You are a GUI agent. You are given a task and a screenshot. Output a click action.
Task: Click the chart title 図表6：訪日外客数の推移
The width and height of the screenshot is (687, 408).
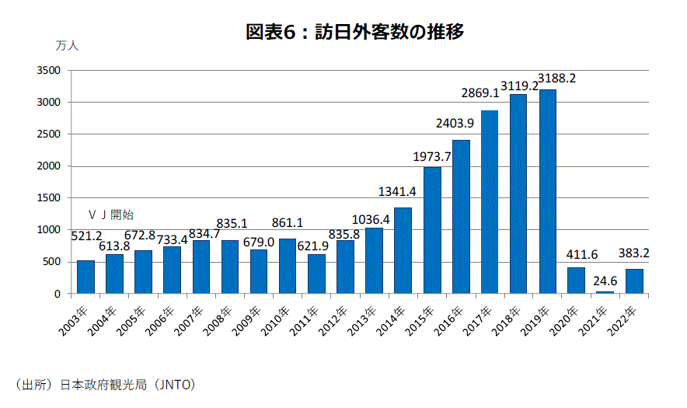click(x=354, y=32)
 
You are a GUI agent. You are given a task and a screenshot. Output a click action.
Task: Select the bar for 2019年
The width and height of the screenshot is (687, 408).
click(x=548, y=192)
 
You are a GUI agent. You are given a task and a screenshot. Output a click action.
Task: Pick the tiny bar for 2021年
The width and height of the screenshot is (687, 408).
click(x=605, y=292)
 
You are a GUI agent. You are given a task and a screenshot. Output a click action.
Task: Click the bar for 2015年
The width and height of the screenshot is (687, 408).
click(x=433, y=230)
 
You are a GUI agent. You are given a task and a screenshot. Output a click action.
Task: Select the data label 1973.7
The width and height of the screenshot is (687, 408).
click(x=432, y=157)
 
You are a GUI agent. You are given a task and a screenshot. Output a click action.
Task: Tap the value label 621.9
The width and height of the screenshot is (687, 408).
click(x=316, y=244)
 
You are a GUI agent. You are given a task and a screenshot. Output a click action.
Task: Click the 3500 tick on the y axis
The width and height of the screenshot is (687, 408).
click(x=50, y=71)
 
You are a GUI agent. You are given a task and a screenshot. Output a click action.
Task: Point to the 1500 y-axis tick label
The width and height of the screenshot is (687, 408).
click(x=50, y=198)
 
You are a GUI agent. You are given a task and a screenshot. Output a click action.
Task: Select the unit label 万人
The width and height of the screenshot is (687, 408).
click(x=67, y=45)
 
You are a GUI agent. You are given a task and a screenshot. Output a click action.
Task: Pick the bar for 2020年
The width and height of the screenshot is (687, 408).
click(x=577, y=281)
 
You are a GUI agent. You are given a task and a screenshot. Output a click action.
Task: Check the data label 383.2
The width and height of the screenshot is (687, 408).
click(x=634, y=253)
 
